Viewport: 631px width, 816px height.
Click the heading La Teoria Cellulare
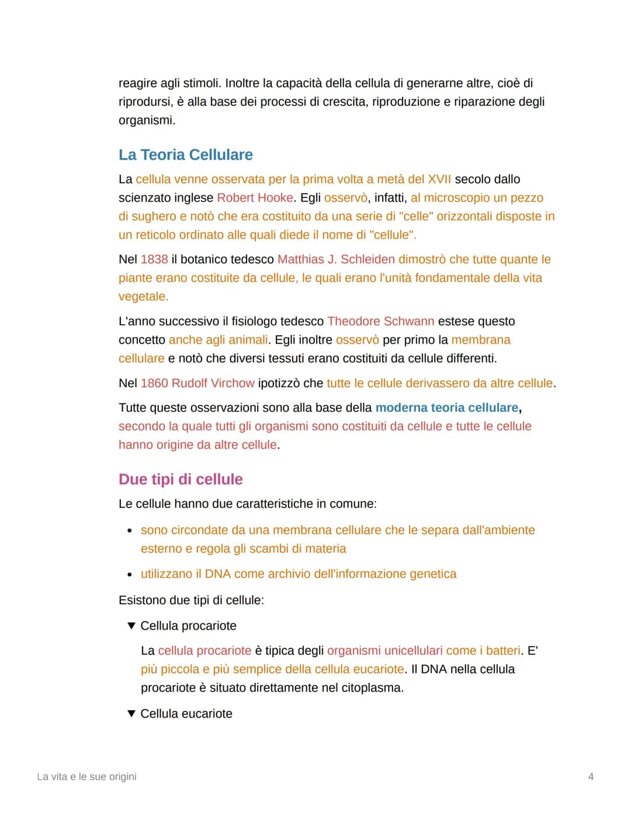[185, 155]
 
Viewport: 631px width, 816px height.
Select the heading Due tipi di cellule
[181, 480]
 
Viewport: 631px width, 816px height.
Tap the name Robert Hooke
[255, 198]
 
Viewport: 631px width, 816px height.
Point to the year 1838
[154, 259]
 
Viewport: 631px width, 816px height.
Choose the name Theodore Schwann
[380, 321]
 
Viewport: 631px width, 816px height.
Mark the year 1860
[154, 383]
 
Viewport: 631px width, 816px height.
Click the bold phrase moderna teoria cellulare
[446, 408]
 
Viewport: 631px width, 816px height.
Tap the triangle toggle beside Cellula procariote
[131, 626]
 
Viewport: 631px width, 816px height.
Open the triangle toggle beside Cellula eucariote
[131, 713]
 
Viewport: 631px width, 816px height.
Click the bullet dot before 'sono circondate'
[130, 531]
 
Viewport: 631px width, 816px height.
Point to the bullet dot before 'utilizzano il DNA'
[130, 575]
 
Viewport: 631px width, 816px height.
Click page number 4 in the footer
[591, 776]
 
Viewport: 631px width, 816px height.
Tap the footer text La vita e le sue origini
[86, 776]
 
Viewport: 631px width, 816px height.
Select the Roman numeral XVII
[439, 179]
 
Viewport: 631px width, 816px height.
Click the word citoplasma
[372, 688]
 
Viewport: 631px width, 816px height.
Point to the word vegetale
[143, 297]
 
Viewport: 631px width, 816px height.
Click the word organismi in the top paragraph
[146, 120]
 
